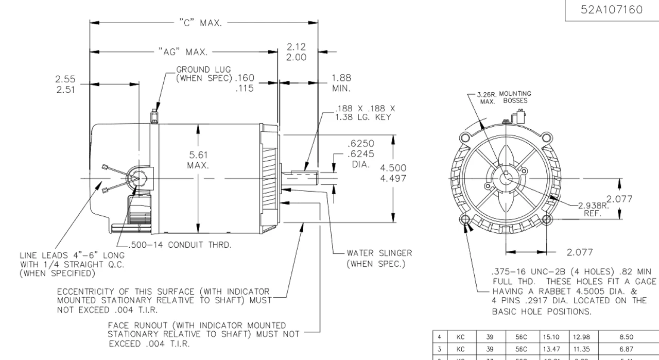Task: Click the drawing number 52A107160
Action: click(x=612, y=10)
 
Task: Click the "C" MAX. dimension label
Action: click(x=201, y=23)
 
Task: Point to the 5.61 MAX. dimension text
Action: click(x=199, y=160)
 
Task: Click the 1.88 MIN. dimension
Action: click(x=341, y=82)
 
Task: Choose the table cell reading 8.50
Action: click(x=626, y=338)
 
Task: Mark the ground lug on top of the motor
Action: click(x=153, y=116)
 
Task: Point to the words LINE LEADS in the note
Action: click(x=42, y=255)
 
